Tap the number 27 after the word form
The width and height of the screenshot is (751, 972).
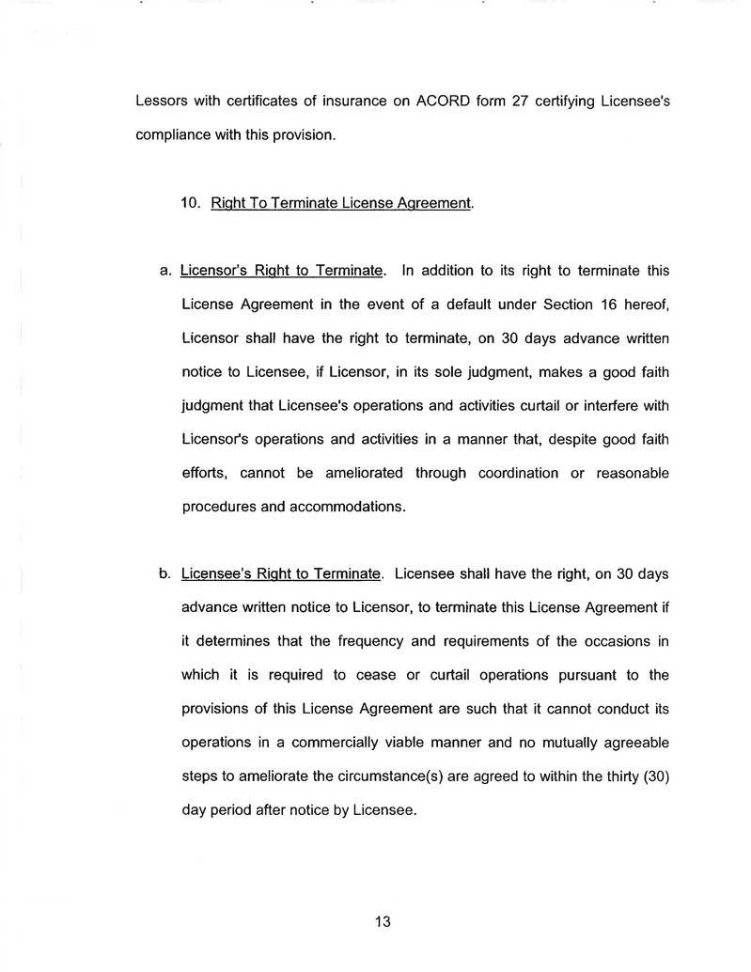508,102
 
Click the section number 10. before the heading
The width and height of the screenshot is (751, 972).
191,203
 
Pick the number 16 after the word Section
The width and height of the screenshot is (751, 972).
588,304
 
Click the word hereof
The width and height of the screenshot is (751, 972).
644,304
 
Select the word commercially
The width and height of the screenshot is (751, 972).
314,742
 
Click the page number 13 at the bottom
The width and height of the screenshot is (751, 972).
383,921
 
